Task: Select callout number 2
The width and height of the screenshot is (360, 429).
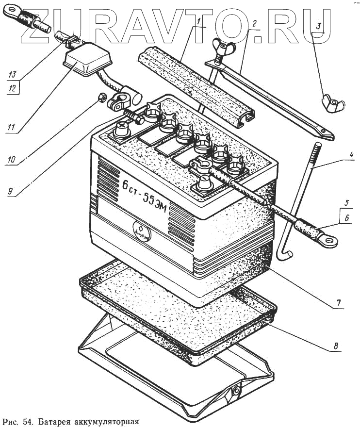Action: [x=254, y=23]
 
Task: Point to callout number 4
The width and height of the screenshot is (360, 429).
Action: [x=350, y=156]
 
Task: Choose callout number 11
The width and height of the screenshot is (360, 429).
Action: [x=11, y=128]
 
